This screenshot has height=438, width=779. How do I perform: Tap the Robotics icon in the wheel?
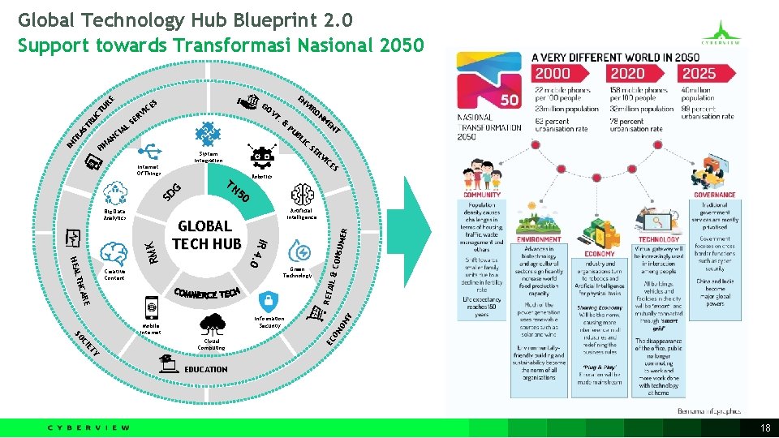261,157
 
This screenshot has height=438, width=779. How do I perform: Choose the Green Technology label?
298,272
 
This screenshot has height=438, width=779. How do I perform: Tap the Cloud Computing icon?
210,327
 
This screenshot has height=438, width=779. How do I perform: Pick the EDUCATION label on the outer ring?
206,369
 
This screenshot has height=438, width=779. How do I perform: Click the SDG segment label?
174,193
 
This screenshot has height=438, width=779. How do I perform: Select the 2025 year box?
699,74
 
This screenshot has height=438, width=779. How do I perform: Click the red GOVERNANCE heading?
714,195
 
